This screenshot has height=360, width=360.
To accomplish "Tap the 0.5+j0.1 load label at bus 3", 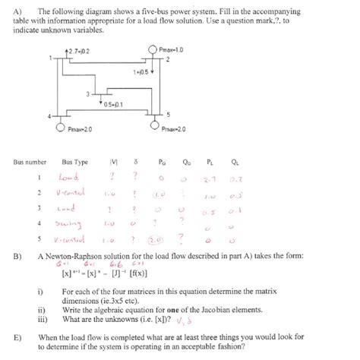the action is (114, 104).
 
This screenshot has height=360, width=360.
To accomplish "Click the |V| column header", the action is (114, 162).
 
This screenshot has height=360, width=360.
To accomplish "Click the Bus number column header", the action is (30, 162).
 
